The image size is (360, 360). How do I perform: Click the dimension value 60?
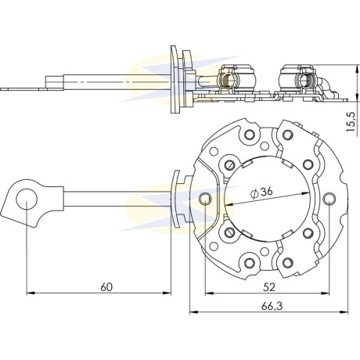106,287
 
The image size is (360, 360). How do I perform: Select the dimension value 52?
269,287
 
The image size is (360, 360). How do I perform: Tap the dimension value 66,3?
272,306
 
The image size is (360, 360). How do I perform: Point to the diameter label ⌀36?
261,193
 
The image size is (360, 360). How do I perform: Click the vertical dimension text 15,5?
351,122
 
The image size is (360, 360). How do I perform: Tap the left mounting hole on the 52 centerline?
205,199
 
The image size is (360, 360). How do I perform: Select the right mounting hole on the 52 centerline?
329,198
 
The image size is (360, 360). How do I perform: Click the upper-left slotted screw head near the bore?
229,165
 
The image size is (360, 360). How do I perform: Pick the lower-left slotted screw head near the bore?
229,232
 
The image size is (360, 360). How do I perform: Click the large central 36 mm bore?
268,199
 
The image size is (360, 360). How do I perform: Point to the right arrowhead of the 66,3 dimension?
344,312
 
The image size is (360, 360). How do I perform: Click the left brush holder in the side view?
236,79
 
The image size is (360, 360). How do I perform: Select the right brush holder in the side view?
299,79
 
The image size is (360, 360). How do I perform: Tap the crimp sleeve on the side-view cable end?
55,82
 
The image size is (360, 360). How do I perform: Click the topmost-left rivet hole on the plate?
250,135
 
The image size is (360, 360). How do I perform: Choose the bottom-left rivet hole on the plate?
250,262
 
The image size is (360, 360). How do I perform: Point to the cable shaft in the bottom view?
117,199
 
